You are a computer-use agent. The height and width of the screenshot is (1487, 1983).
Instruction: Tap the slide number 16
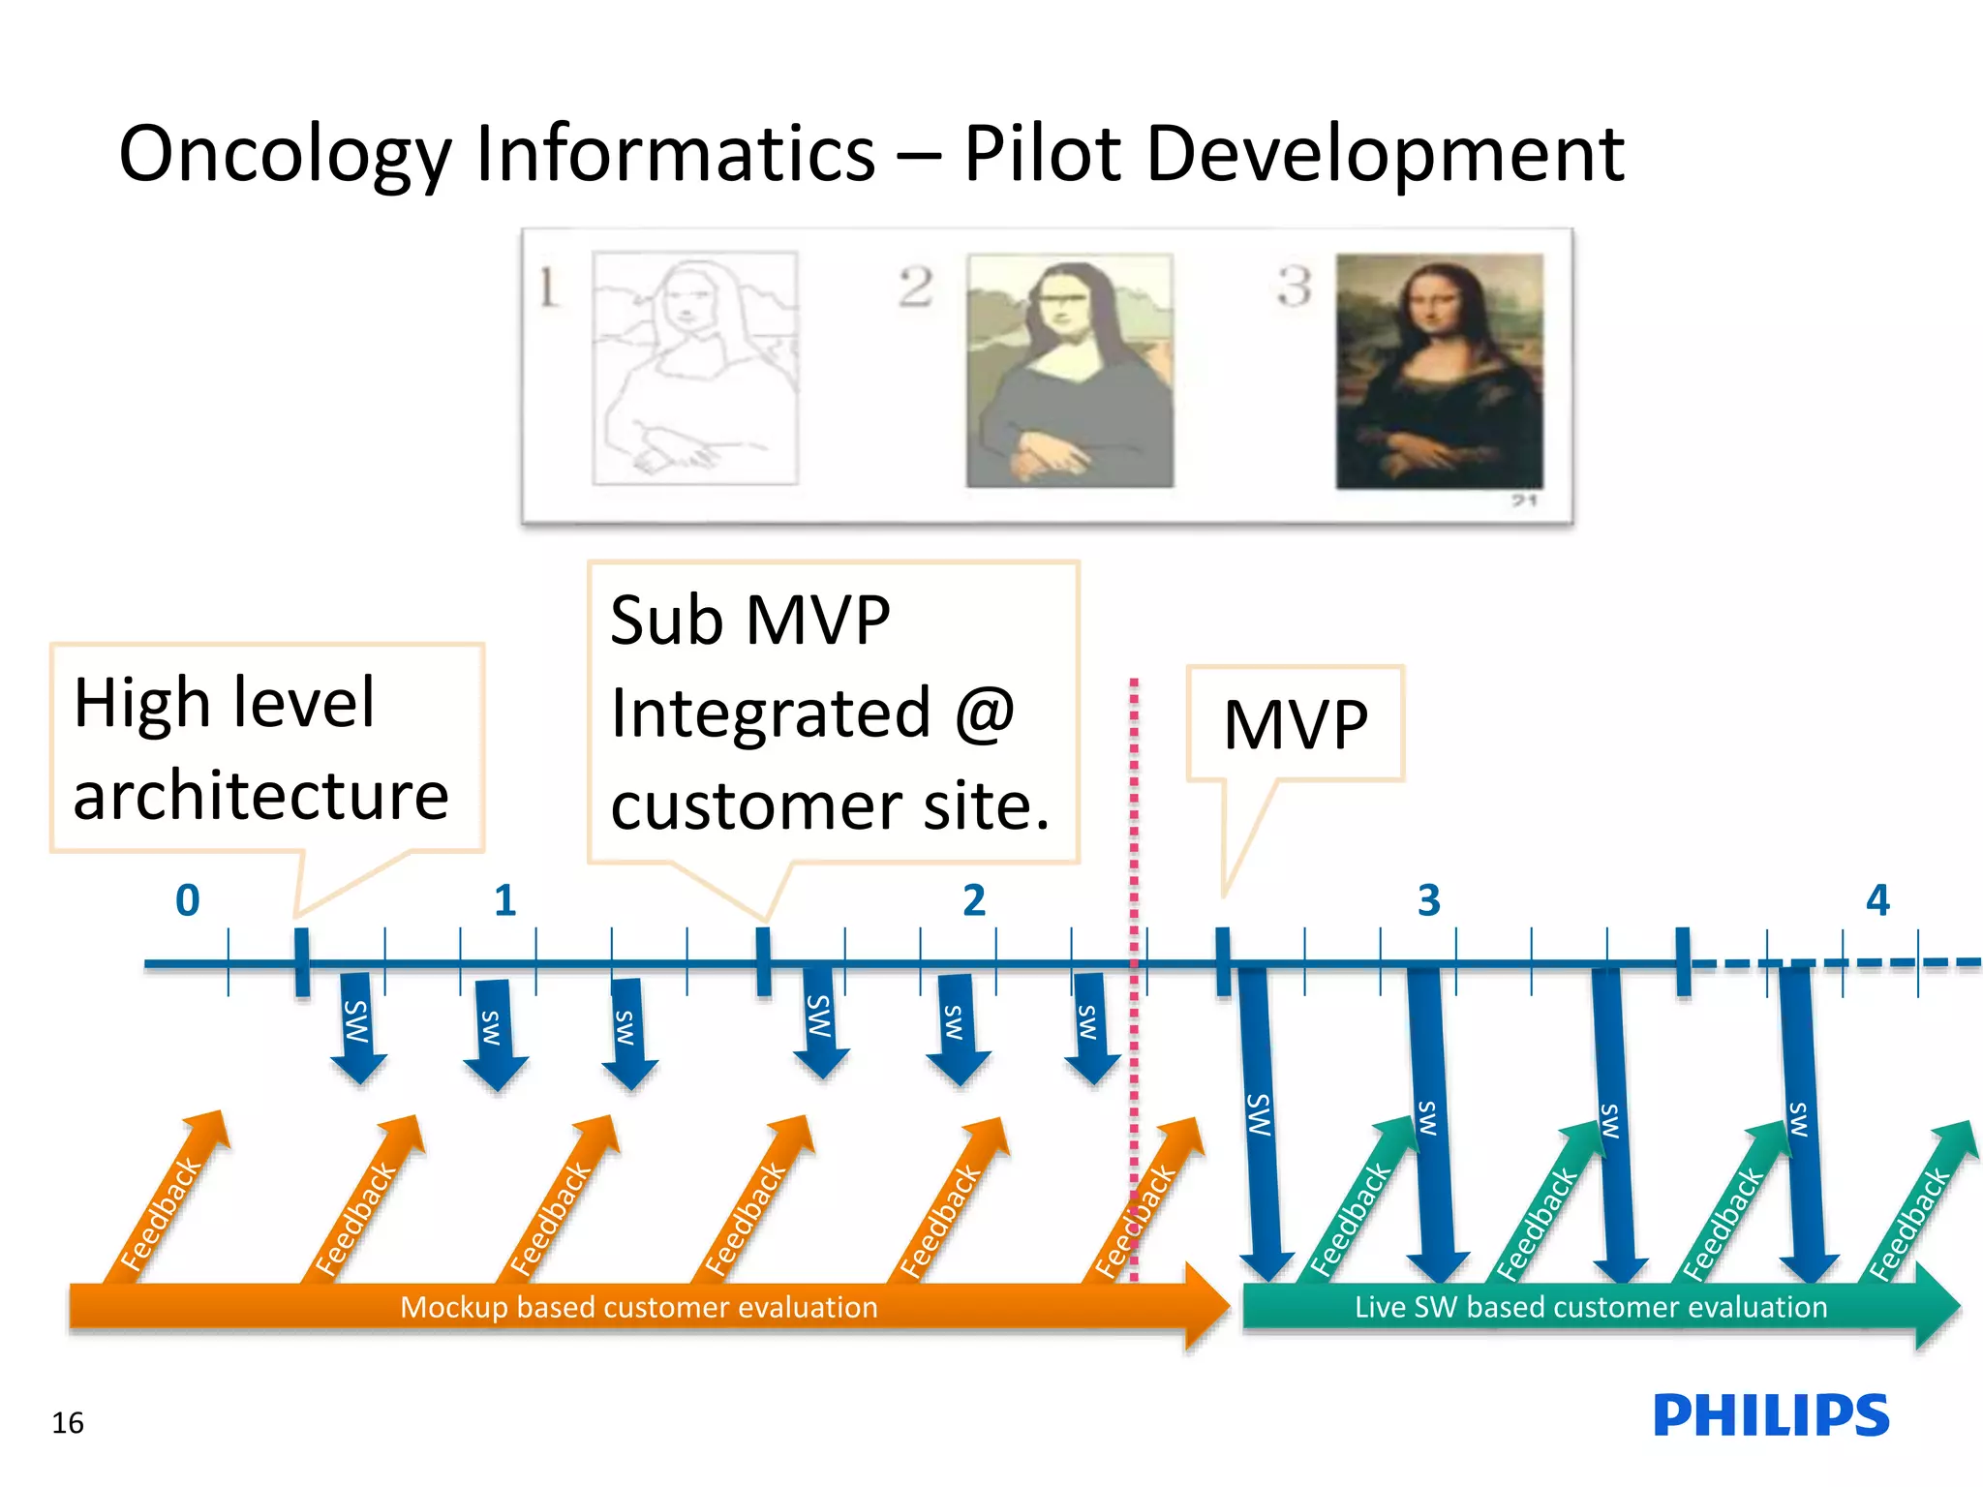coord(68,1422)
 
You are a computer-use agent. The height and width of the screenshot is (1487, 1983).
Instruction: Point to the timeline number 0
coord(188,900)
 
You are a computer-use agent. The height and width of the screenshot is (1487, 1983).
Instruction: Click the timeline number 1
coord(504,900)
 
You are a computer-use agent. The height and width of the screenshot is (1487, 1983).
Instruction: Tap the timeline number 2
coord(974,900)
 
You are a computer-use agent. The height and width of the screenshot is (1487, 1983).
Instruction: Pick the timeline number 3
coord(1429,900)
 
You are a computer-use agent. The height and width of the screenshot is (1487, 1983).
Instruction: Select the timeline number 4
coord(1877,900)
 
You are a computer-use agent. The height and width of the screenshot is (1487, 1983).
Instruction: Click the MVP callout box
coord(1296,724)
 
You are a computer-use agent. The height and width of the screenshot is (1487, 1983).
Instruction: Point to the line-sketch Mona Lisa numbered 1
coord(695,368)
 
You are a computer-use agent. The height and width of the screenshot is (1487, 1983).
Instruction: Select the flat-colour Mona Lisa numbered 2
coord(1069,370)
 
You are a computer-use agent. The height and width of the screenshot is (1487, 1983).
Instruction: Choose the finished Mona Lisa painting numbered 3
coord(1439,371)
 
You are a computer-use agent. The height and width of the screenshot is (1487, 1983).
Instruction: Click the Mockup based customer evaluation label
coord(639,1307)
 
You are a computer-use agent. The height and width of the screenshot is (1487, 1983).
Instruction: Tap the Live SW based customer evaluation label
coord(1590,1307)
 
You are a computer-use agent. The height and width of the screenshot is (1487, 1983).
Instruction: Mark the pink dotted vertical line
coord(1134,823)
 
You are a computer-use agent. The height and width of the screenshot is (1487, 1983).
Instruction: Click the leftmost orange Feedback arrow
coord(169,1200)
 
